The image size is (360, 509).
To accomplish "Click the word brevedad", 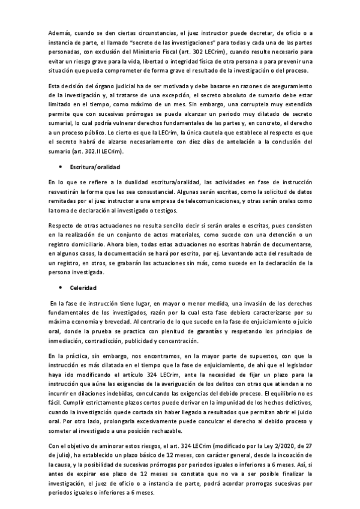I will (x=126, y=321).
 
